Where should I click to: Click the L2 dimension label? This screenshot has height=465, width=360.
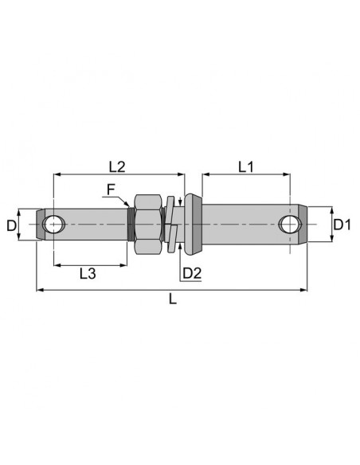coord(117,167)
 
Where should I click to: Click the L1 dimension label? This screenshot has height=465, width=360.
coord(246,167)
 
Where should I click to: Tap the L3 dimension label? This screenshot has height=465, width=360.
coord(88,273)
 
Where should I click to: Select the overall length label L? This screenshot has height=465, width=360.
coord(173,299)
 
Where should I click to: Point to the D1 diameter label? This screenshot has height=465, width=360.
coord(342,225)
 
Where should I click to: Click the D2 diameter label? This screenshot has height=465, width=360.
coord(192,273)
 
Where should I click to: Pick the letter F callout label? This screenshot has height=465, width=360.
coord(111,190)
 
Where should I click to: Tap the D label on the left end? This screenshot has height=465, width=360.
coord(11,226)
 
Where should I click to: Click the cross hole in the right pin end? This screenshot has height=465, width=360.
coord(290,225)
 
